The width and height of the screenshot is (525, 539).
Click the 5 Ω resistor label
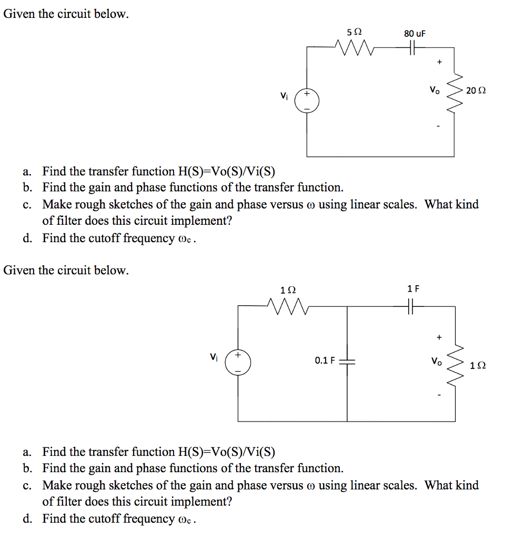pyautogui.click(x=355, y=32)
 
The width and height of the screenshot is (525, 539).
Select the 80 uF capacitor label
pyautogui.click(x=415, y=34)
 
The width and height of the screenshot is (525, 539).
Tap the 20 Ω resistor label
pyautogui.click(x=476, y=91)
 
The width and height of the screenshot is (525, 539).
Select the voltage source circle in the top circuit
pyautogui.click(x=307, y=100)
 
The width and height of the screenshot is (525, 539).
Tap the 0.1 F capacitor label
pyautogui.click(x=325, y=361)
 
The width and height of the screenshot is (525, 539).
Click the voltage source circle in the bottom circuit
pyautogui.click(x=238, y=363)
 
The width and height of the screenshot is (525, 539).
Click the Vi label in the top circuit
pyautogui.click(x=284, y=96)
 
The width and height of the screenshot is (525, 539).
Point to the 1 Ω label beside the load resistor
pyautogui.click(x=478, y=365)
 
